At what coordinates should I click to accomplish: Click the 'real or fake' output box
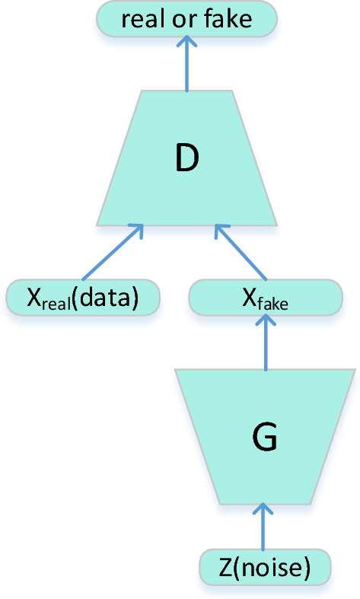point(186,18)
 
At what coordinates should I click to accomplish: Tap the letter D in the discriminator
point(186,157)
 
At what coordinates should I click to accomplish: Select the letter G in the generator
point(264,438)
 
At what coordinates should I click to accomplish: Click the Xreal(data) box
point(83,298)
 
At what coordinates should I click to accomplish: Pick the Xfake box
point(265,298)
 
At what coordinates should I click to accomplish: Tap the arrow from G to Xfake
point(265,343)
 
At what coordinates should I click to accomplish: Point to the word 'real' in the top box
point(143,18)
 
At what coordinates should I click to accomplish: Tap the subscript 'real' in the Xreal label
point(56,302)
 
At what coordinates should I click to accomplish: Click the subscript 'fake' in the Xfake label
point(272,302)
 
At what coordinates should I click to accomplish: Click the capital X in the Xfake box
point(248,297)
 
